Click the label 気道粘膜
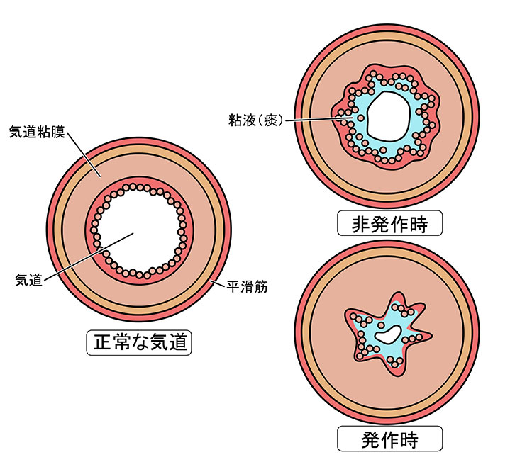click(35, 131)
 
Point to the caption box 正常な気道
click(139, 343)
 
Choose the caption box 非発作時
click(390, 224)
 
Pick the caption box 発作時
click(390, 439)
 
